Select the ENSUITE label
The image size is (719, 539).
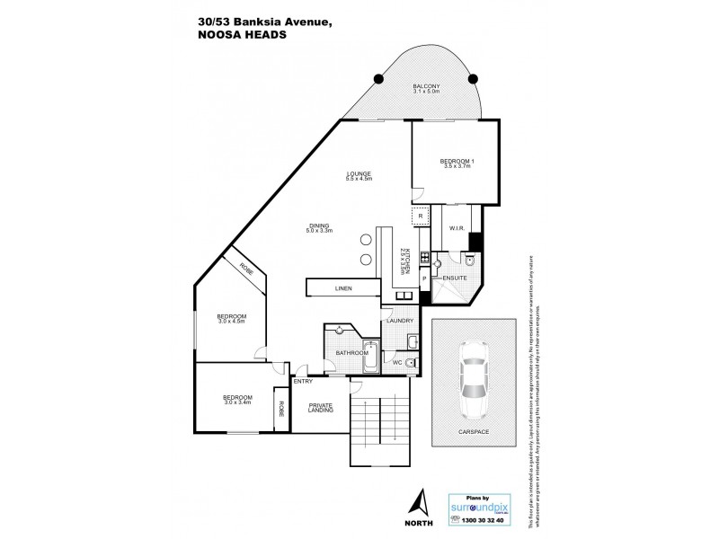pyautogui.click(x=454, y=278)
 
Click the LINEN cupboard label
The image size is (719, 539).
pyautogui.click(x=343, y=289)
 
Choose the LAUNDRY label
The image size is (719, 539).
pyautogui.click(x=399, y=321)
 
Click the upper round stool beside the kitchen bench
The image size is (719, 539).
pyautogui.click(x=365, y=240)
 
